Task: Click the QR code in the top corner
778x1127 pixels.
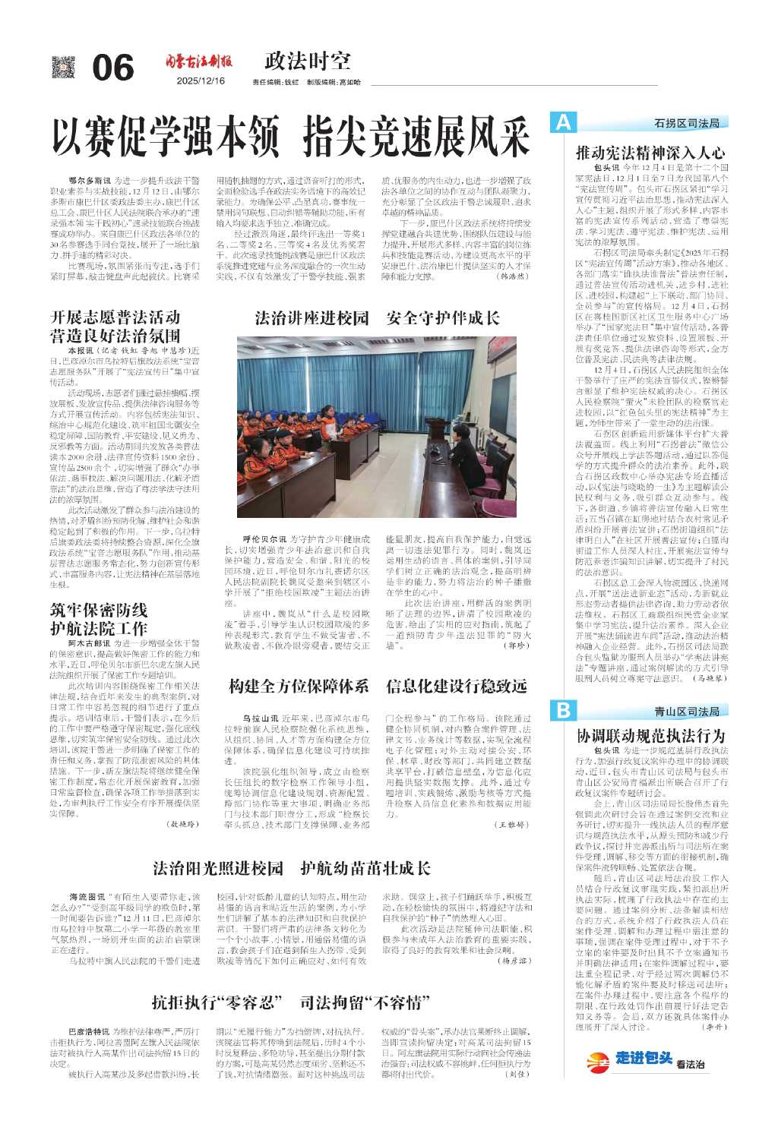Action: point(64,67)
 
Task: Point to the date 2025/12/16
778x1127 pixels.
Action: point(201,80)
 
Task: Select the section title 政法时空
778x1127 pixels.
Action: point(308,61)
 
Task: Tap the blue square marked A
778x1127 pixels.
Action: point(562,122)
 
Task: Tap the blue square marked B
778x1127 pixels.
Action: point(562,710)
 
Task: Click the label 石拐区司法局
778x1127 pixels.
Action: point(686,123)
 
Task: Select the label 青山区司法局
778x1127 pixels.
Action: point(686,711)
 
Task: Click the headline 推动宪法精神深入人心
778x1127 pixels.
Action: point(650,152)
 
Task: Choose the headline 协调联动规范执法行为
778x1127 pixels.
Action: point(650,735)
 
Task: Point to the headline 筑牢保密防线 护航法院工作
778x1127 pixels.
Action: point(99,619)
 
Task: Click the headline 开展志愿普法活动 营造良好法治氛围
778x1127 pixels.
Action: point(115,326)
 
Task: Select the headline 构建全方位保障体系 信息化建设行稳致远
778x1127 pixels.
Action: point(377,687)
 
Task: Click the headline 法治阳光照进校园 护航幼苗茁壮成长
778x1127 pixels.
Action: point(291,867)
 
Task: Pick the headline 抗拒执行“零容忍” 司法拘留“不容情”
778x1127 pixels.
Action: point(286,1002)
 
